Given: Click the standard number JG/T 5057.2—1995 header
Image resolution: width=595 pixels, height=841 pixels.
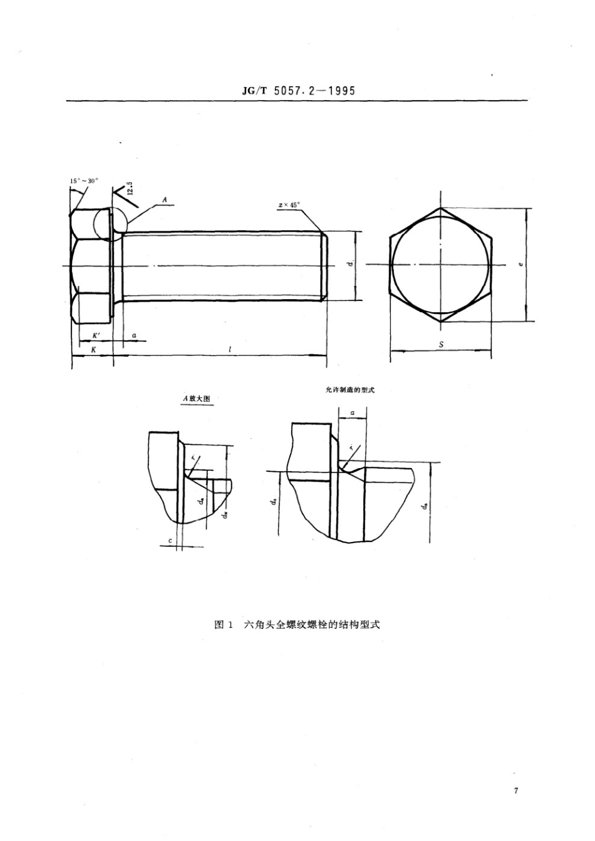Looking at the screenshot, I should click(297, 90).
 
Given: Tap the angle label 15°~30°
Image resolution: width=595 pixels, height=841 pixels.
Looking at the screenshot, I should click(85, 181).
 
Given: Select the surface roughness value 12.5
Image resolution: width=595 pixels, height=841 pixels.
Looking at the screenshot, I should click(130, 188).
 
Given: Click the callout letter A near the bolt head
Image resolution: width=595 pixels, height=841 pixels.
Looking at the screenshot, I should click(164, 199).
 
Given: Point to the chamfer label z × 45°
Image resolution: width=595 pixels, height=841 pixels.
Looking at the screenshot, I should click(289, 204).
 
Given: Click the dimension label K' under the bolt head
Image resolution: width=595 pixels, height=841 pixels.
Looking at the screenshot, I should click(95, 336).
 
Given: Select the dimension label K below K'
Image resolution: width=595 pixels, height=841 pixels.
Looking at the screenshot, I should click(93, 350).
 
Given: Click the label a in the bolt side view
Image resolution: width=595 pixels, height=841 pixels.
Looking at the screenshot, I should click(134, 336).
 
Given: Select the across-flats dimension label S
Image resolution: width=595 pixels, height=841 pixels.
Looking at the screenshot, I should click(441, 344).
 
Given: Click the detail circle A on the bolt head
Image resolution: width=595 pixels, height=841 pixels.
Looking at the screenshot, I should click(110, 223).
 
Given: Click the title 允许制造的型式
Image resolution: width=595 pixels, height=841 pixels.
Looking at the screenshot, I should click(346, 390).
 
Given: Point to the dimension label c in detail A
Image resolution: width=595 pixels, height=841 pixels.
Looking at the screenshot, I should click(170, 539).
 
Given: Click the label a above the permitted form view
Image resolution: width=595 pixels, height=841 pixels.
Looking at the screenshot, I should click(353, 413).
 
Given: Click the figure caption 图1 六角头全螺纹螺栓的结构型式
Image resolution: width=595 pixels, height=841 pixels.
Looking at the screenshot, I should click(297, 624).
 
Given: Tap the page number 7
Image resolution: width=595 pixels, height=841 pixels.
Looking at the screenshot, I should click(515, 791).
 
